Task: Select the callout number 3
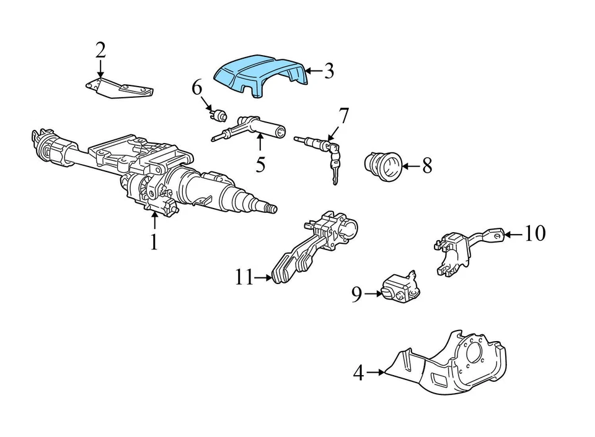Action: (x=328, y=71)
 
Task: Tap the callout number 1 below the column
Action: (x=154, y=241)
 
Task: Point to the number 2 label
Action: (x=100, y=50)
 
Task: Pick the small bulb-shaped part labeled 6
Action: (x=218, y=114)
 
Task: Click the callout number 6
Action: (x=196, y=88)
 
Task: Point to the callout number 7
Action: (x=343, y=115)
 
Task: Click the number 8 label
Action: (x=426, y=165)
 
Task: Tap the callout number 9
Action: (x=356, y=295)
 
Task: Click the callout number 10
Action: (x=534, y=233)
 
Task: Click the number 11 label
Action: (x=244, y=278)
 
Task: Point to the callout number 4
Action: (x=358, y=373)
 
